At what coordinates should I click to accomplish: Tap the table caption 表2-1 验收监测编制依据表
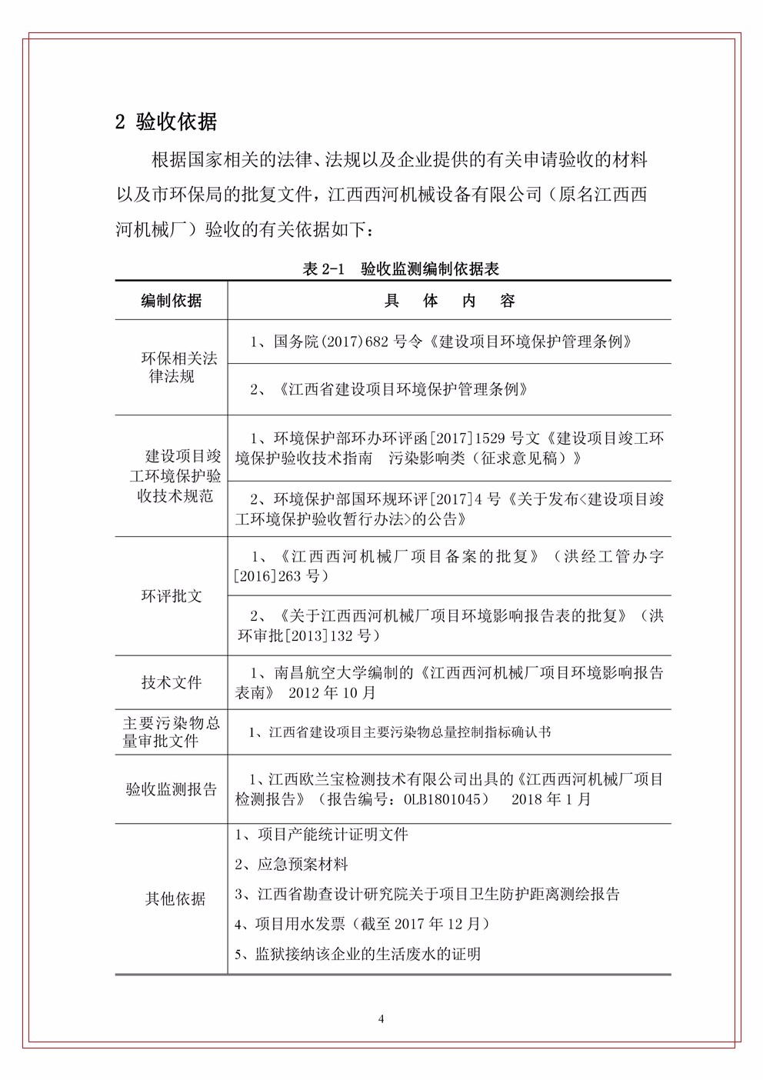(401, 268)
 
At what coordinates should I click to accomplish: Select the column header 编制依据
(172, 301)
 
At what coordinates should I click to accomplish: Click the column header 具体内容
(449, 301)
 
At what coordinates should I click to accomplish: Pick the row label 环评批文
(172, 596)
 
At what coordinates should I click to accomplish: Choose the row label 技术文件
(172, 682)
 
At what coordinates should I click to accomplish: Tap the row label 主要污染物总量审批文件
(172, 732)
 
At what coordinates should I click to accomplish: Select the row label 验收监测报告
(172, 789)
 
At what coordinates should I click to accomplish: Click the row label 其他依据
(175, 898)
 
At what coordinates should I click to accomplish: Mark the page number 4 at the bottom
(381, 1019)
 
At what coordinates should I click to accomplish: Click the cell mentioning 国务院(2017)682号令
(441, 342)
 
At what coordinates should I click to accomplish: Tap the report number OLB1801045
(446, 799)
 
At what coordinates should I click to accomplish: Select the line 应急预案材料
(292, 864)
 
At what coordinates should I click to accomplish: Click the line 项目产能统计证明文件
(322, 834)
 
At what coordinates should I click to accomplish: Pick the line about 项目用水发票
(362, 924)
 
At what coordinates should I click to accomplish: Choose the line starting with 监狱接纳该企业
(358, 954)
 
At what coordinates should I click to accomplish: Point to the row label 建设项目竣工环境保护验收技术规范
(175, 476)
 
